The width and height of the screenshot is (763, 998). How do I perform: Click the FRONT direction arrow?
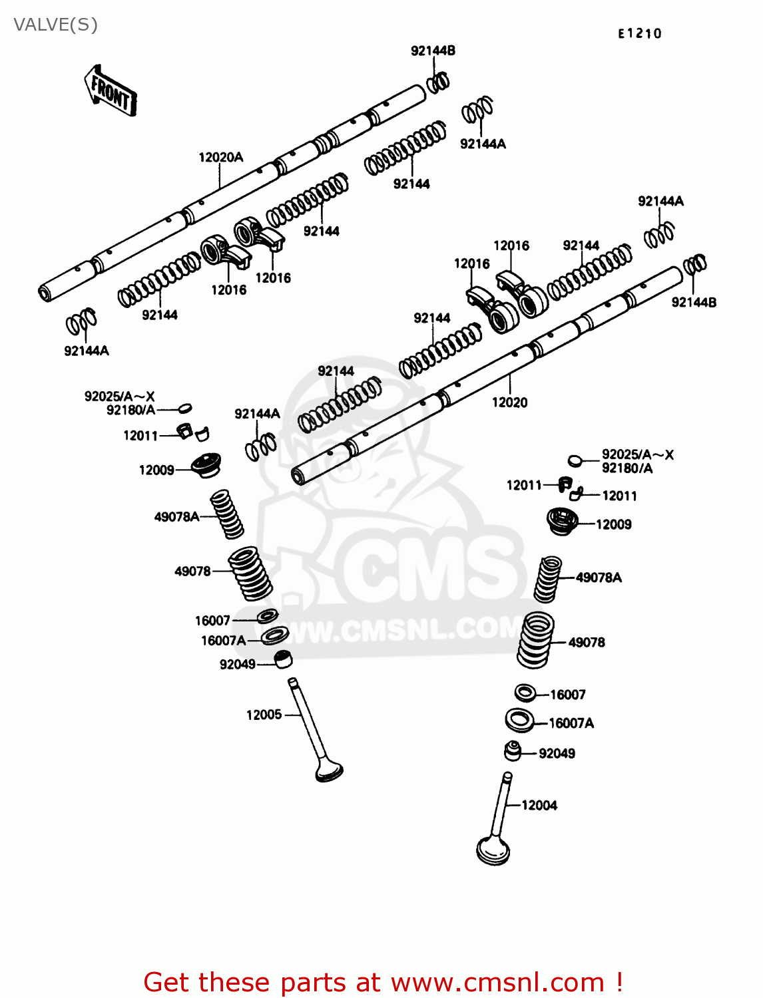point(110,92)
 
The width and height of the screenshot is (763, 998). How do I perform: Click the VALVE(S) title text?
point(55,25)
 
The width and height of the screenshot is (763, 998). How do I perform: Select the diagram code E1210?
point(639,34)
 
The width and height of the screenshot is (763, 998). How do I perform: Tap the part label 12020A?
point(221,158)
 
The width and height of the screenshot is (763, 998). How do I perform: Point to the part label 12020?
point(509,403)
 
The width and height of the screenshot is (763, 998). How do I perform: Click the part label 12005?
point(264,715)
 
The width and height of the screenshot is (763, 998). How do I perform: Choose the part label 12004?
point(539,806)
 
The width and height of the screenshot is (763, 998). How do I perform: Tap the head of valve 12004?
point(493,851)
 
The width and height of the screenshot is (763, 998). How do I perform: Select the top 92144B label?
point(433,51)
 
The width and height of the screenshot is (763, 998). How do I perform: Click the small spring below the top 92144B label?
point(437,83)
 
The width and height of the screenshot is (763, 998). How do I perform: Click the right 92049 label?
point(557,754)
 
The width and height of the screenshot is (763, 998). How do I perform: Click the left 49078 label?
point(192,572)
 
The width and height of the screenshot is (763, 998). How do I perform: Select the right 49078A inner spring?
point(548,579)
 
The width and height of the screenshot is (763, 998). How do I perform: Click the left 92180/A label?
point(130,411)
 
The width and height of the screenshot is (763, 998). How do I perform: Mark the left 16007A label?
point(223,641)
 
